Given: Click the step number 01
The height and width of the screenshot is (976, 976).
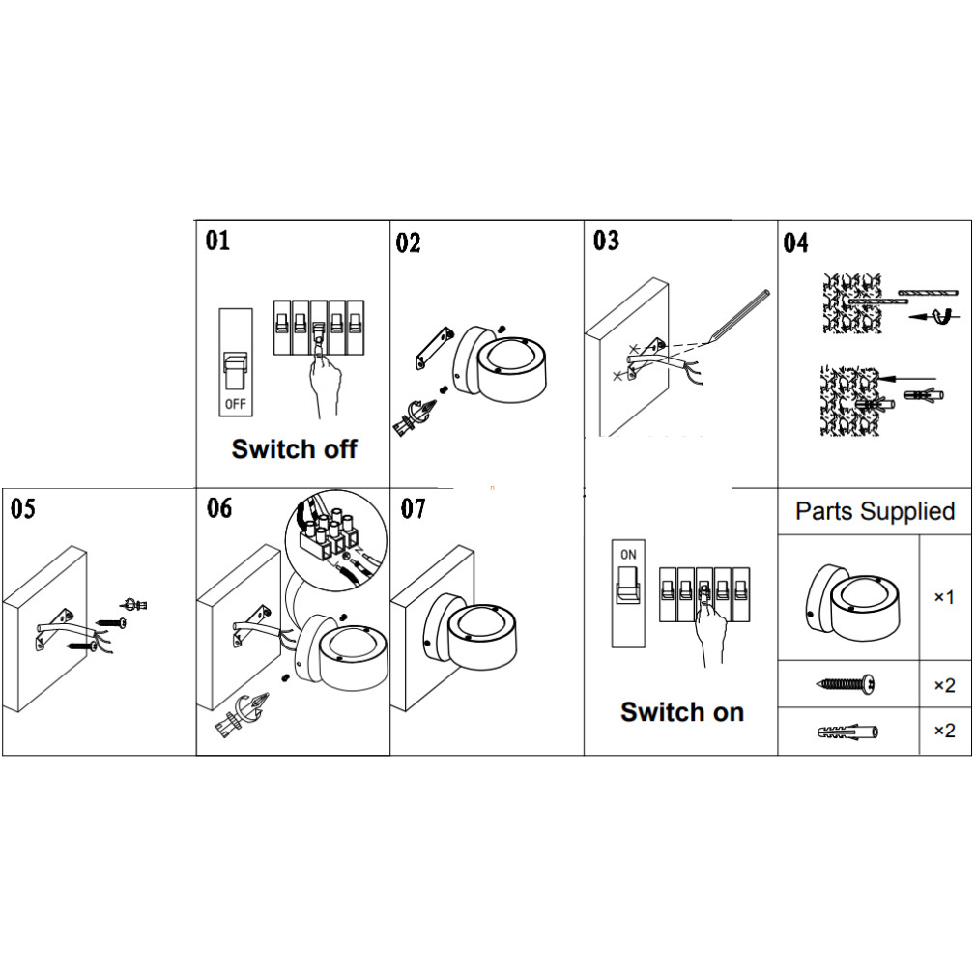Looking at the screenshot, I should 218,240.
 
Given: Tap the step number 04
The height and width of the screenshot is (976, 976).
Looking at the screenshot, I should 795,243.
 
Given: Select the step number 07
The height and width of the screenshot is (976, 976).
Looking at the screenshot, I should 413,508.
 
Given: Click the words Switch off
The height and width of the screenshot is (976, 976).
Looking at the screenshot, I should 295,448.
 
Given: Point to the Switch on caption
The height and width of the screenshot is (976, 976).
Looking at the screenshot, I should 682,712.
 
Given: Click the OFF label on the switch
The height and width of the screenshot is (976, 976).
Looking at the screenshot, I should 235,403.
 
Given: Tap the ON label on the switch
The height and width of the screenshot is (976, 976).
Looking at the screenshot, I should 628,555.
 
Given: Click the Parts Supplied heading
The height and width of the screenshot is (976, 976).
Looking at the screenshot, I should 875,511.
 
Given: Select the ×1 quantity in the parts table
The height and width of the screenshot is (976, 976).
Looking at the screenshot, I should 944,597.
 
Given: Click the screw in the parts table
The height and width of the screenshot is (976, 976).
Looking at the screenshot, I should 847,685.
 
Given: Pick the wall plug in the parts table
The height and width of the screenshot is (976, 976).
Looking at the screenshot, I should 847,731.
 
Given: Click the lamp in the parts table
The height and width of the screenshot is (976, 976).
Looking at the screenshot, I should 850,599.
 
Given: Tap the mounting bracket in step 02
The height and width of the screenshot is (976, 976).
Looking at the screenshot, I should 433,348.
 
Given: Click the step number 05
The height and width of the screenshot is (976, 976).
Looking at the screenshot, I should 22,508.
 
